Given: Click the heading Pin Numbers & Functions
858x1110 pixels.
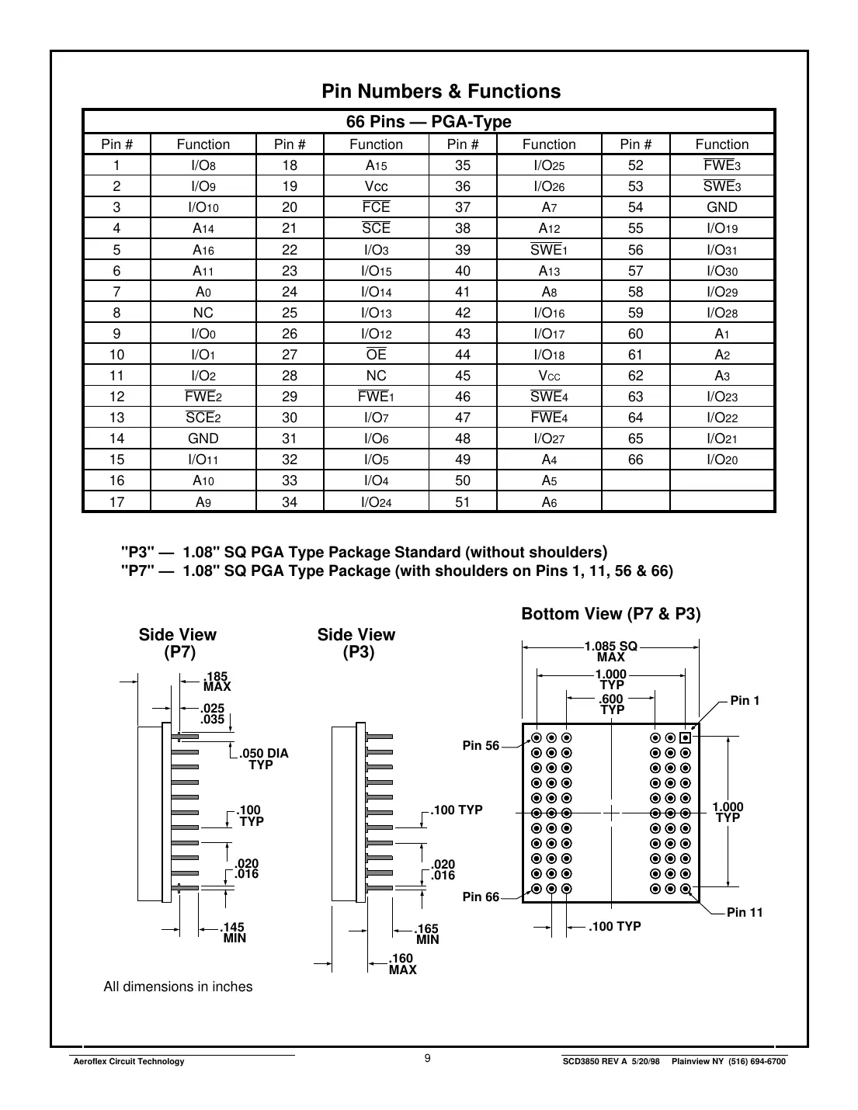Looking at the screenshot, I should [x=441, y=92].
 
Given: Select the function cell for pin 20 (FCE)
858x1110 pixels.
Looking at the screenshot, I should [x=376, y=207].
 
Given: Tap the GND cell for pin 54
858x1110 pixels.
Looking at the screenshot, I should [x=721, y=207].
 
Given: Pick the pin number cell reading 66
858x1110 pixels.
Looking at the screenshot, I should [x=635, y=460].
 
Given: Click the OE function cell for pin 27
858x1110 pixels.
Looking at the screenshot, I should [x=376, y=355].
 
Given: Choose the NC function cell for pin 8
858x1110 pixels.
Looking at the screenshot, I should [x=203, y=313].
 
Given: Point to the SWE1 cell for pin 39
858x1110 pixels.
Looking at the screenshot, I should [x=548, y=249].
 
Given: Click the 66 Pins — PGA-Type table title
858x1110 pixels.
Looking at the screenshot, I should [x=429, y=122].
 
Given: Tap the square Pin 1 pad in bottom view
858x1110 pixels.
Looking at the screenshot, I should [x=685, y=737].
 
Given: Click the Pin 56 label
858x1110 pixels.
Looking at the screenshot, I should [x=481, y=746].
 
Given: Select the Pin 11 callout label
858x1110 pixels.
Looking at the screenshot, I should [x=744, y=913].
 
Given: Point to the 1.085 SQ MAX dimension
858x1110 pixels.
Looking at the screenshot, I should [x=610, y=652].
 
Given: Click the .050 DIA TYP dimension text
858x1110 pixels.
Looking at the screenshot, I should [x=263, y=759].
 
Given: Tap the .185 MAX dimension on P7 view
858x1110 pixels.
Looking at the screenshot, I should [x=217, y=682].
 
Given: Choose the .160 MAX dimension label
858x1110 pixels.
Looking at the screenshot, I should [x=402, y=964].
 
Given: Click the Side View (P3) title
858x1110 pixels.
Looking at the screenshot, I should [x=356, y=643].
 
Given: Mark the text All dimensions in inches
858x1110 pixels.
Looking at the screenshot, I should [x=178, y=987].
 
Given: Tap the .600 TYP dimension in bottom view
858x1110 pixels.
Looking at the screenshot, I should [x=612, y=705].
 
